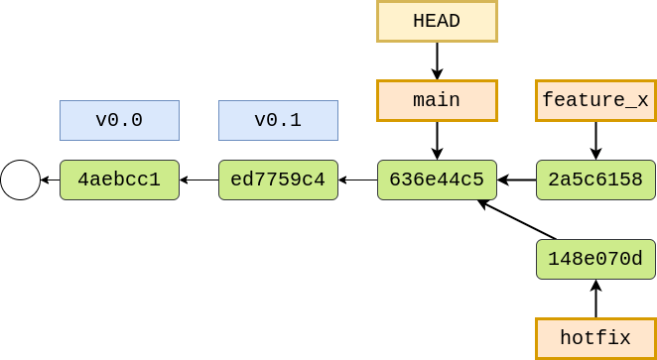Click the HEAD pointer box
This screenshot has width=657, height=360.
(437, 21)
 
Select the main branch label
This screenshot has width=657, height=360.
(437, 100)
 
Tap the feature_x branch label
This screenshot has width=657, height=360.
(595, 100)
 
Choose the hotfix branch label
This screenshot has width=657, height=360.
(595, 338)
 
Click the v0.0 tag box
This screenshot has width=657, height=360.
(119, 120)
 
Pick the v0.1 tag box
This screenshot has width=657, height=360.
(278, 120)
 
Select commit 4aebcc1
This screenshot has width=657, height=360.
(119, 180)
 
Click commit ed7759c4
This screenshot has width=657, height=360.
(278, 180)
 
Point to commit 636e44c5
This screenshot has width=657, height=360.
(437, 180)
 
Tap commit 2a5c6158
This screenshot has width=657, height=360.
(595, 180)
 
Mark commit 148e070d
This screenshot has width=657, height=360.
(595, 259)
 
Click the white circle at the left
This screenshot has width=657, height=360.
(20, 180)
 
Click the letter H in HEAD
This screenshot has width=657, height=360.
(419, 21)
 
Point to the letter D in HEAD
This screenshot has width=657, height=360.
(455, 21)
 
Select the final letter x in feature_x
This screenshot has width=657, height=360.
(643, 101)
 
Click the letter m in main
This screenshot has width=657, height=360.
(419, 101)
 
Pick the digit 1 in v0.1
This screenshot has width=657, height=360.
(296, 120)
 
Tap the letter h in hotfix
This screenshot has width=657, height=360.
(566, 338)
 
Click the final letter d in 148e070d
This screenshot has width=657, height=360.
(637, 259)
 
